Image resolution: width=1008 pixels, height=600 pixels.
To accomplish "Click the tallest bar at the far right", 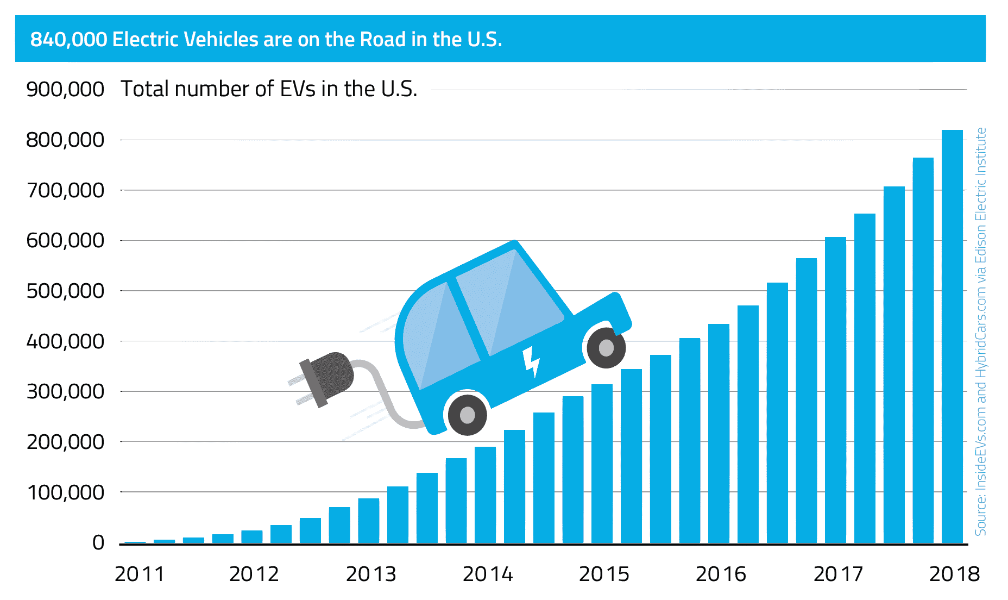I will tap(952, 337).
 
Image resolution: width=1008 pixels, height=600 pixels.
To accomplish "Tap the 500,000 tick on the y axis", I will tap(65, 291).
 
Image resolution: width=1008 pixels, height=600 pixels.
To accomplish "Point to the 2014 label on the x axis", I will tap(487, 574).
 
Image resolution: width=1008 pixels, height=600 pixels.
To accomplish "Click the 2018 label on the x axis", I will tap(954, 574).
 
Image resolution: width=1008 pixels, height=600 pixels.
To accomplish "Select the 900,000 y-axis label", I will tap(65, 90).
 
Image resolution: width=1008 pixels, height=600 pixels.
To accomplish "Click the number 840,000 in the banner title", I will tap(68, 40).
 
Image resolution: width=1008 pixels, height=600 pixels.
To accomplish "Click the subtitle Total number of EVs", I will tap(269, 89).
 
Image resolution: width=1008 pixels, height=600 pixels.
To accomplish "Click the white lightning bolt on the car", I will tap(531, 361).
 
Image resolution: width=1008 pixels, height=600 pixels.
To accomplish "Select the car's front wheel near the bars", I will tap(606, 348).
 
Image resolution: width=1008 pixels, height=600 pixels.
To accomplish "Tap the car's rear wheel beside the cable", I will tap(467, 415).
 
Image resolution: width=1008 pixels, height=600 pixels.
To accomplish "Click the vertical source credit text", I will tap(980, 332).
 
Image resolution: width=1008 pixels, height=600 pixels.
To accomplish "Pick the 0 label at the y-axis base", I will tap(98, 542).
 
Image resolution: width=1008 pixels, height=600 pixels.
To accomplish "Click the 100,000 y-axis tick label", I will tap(65, 492).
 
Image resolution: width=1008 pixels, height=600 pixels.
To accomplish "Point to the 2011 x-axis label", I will tap(139, 574).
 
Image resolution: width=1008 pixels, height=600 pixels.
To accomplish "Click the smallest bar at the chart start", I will tap(135, 542).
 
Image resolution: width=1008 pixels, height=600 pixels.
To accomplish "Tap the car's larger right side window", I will tap(508, 302).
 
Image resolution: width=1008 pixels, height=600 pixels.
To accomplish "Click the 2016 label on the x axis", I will tap(721, 574).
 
